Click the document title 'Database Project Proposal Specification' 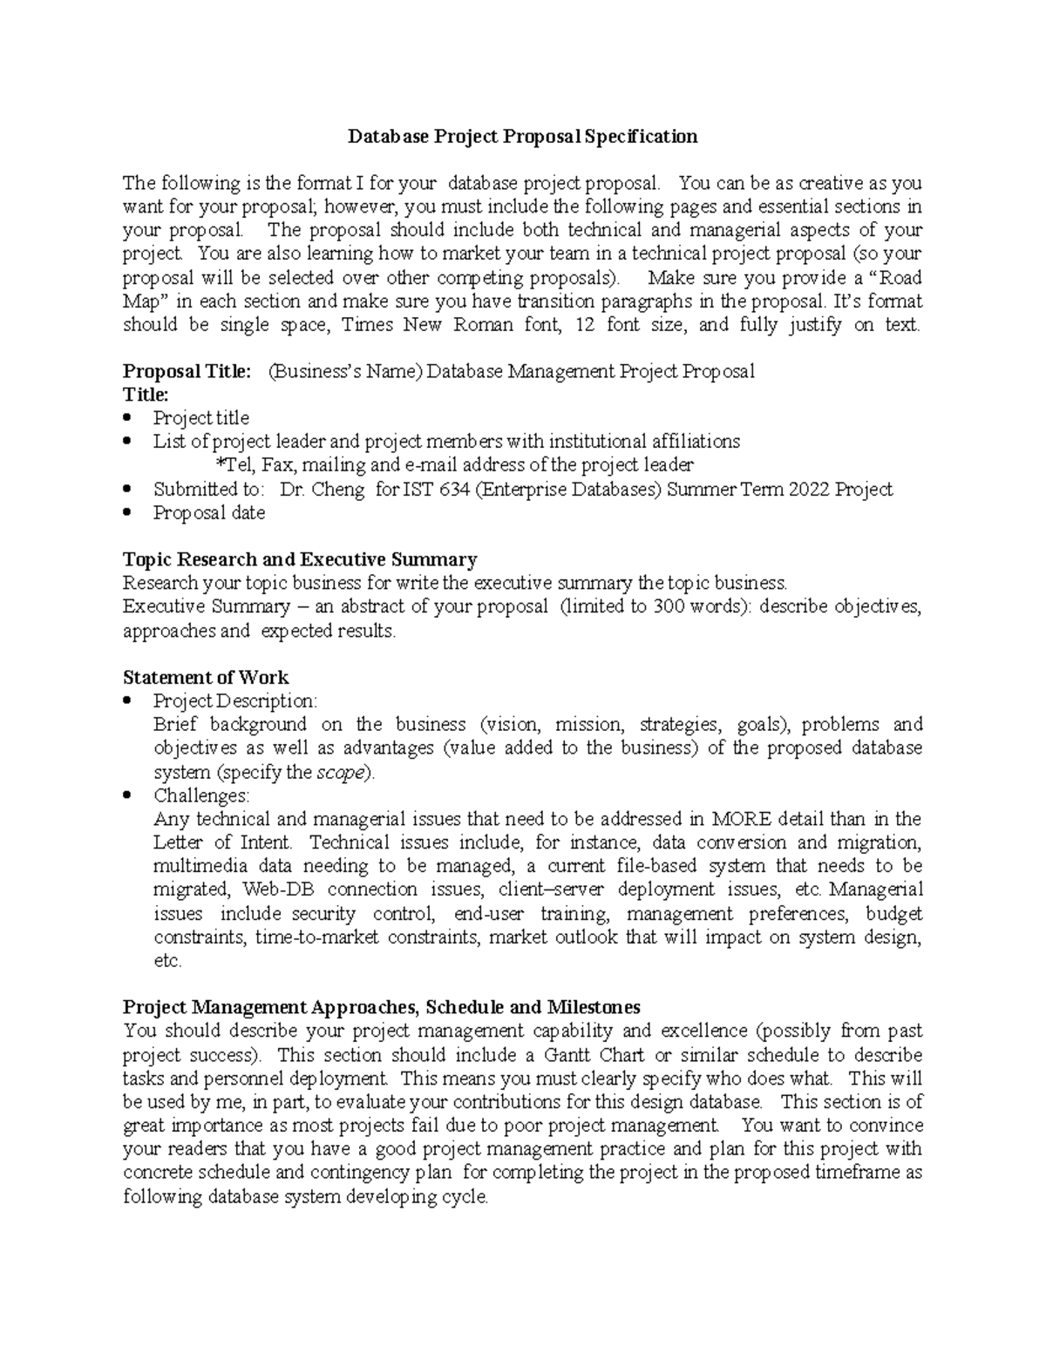point(523,137)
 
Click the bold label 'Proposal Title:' point(187,372)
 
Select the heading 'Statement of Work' point(206,678)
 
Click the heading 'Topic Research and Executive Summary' point(300,559)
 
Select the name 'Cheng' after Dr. point(343,490)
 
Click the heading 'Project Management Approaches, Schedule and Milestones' point(382,1008)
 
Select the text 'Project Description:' point(235,701)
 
